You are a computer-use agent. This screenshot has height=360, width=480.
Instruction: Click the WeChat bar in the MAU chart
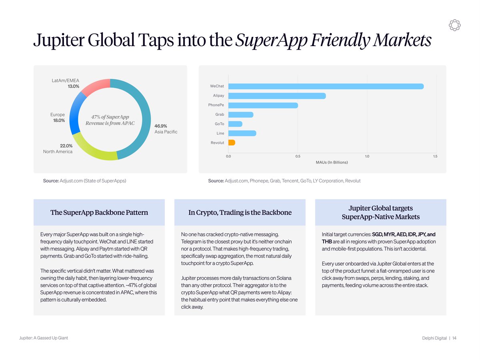coord(326,86)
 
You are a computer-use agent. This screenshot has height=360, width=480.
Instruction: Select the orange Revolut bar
coord(232,142)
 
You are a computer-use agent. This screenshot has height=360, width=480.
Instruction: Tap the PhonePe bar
coord(263,105)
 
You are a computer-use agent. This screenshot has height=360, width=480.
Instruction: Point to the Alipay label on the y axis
coord(218,96)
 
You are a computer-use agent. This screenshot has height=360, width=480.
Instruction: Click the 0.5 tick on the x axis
coord(298,156)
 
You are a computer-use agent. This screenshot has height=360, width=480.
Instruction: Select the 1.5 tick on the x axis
coord(435,156)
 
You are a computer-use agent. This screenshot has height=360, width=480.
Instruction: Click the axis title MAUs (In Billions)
coord(332,162)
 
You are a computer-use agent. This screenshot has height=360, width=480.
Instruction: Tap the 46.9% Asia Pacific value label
coord(161,126)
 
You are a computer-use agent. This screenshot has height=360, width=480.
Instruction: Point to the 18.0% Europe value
coord(59,120)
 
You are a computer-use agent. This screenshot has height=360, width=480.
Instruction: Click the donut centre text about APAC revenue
coord(110,120)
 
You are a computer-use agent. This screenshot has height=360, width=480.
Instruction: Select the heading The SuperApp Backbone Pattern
coord(99,212)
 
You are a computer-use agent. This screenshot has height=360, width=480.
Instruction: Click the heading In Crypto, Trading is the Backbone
coord(240,212)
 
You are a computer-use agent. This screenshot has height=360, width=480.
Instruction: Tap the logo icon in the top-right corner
coord(454,25)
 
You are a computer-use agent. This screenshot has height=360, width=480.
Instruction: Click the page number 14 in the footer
coord(454,338)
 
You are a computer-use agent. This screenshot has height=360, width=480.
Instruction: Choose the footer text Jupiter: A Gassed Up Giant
coord(44,338)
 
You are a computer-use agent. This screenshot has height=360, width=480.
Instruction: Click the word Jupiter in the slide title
coord(59,40)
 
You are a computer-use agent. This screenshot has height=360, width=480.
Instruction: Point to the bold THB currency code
coord(327,242)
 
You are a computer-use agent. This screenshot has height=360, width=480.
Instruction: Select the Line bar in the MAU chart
coord(242,133)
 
